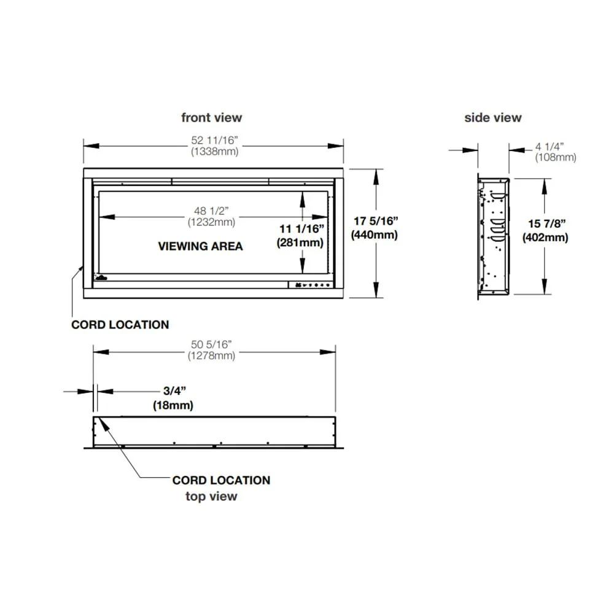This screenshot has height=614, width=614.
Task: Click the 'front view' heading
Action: point(211,117)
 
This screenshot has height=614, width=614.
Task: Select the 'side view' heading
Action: point(492,117)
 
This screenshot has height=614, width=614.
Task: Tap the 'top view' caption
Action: point(211,496)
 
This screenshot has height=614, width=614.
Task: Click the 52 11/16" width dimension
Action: point(214,140)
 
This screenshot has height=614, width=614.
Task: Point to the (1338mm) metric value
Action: point(214,151)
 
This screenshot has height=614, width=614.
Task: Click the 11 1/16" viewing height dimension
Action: point(301,228)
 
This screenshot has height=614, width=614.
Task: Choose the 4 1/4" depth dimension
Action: point(549,146)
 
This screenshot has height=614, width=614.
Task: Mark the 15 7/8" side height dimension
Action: point(545,224)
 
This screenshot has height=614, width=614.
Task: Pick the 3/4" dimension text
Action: point(173,391)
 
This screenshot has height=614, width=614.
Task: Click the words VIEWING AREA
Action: point(200,246)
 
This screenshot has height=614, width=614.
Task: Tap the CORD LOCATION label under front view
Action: point(120,324)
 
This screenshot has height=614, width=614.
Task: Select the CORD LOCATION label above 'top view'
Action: point(221,480)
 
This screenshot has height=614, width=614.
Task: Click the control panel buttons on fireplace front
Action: point(311,285)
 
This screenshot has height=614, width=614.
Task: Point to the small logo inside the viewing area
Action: point(100,278)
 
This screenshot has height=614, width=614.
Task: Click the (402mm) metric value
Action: point(545,238)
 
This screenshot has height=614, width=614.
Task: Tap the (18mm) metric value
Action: point(173,405)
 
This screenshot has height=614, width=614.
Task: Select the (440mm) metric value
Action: point(374,235)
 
